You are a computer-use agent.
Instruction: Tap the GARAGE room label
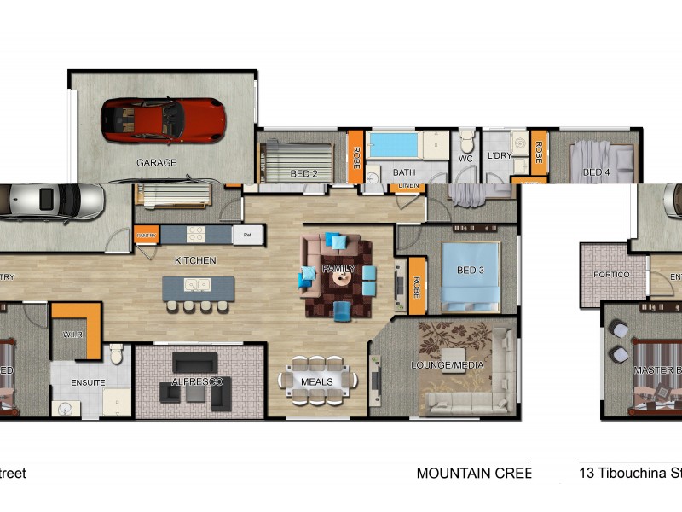click(x=156, y=163)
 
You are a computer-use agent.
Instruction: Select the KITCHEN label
click(x=195, y=260)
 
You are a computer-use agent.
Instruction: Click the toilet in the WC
click(x=466, y=141)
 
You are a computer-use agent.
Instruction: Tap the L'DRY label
click(x=499, y=157)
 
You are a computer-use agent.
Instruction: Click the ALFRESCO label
click(x=197, y=381)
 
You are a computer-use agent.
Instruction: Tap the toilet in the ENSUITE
click(x=118, y=352)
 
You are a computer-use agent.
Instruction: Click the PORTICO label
click(x=612, y=275)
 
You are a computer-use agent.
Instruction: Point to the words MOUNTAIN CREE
click(x=473, y=473)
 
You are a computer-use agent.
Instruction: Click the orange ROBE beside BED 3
click(x=417, y=285)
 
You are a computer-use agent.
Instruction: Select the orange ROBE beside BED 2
click(x=355, y=157)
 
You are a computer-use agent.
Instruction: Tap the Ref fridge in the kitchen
click(x=248, y=235)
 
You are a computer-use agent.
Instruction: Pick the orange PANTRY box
click(x=146, y=235)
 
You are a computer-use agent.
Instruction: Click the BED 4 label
click(x=596, y=173)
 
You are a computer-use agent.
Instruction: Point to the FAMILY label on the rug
click(x=338, y=270)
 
